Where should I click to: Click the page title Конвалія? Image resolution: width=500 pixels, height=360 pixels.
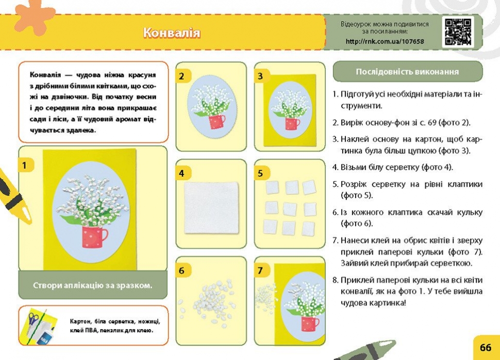click(x=172, y=32)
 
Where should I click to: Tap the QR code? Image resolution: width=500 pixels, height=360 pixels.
click(x=458, y=32)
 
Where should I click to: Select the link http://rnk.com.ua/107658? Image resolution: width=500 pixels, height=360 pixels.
click(x=385, y=41)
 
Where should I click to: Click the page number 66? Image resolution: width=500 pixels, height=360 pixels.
click(x=486, y=347)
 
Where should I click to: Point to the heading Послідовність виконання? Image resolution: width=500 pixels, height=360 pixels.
click(x=407, y=72)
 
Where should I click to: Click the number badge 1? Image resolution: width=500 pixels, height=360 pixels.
click(x=24, y=166)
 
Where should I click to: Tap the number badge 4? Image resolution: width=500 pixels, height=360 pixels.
click(x=181, y=173)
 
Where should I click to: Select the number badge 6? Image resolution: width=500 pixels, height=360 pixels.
click(x=181, y=271)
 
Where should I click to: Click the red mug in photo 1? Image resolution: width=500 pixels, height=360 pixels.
click(x=94, y=236)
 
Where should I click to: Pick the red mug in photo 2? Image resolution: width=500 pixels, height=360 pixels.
click(x=216, y=122)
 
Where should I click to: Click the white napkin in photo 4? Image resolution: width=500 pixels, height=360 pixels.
click(x=211, y=207)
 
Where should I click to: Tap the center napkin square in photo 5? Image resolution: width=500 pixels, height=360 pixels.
click(x=290, y=209)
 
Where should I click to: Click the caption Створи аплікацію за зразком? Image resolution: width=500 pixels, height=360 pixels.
click(x=92, y=285)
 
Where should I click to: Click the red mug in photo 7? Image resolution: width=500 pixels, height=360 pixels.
click(x=310, y=323)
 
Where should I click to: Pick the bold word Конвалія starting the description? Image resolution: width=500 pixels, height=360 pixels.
click(x=45, y=75)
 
